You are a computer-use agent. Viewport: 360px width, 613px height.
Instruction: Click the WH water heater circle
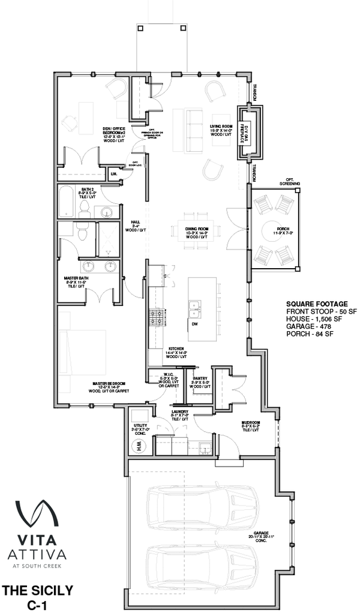pos(137,446)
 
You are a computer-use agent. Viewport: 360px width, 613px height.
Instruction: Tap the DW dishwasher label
pos(195,324)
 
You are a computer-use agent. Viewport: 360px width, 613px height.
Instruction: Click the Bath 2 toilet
pos(85,209)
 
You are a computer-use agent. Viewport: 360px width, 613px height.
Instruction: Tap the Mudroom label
pos(251,425)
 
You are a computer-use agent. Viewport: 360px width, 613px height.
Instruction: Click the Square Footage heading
pos(313,304)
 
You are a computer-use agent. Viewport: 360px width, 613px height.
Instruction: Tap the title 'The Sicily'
pos(38,591)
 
